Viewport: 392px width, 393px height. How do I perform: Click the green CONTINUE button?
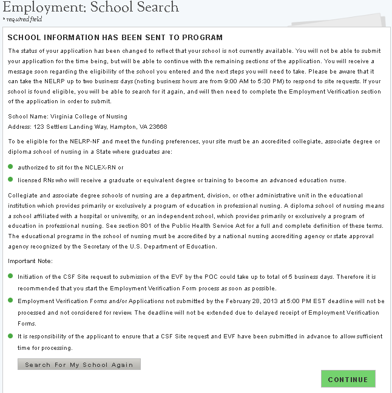coord(348,379)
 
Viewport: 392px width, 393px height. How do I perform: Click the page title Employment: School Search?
coord(91,7)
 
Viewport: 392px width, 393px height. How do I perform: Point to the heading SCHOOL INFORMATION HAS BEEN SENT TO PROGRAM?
coord(115,38)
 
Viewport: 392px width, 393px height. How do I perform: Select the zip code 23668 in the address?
coord(158,126)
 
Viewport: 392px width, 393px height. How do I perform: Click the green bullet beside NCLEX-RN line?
coord(10,166)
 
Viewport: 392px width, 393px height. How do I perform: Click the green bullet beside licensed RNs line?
coord(10,180)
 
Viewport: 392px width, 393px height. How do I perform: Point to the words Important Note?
coord(30,261)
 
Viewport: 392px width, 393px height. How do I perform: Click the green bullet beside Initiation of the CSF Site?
coord(10,276)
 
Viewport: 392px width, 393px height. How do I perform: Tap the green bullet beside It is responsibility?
coord(10,335)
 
